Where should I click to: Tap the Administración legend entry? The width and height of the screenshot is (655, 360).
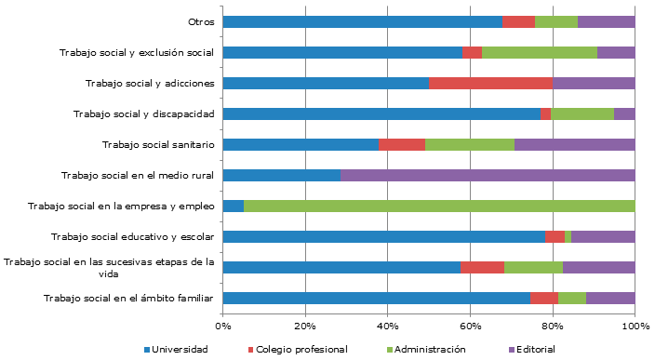click(428, 349)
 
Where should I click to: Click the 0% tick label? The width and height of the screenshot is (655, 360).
click(223, 325)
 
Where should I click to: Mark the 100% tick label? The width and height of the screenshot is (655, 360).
click(635, 325)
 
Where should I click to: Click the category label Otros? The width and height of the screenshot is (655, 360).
click(201, 21)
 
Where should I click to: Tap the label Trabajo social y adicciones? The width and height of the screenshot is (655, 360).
click(150, 84)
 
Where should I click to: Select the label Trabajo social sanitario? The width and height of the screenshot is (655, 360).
click(158, 145)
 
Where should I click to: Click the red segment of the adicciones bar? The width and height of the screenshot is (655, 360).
click(490, 84)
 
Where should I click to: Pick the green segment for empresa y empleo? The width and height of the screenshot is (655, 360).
click(439, 207)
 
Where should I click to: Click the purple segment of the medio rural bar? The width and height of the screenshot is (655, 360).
click(488, 175)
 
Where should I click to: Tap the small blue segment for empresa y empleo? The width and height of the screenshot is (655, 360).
click(234, 207)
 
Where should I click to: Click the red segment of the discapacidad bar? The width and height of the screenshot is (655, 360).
click(546, 114)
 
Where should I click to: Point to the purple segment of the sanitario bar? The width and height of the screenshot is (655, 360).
click(574, 145)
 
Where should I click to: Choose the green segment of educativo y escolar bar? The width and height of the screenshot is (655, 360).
click(568, 237)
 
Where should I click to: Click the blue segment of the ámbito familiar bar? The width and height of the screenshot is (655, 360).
click(376, 299)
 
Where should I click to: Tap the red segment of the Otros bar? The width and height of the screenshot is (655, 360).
click(518, 21)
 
